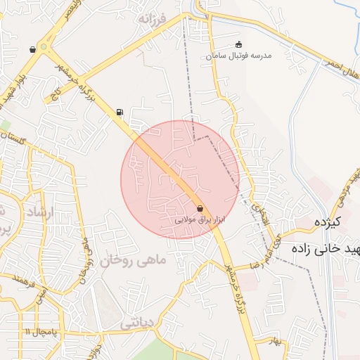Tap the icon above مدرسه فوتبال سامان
(239, 44)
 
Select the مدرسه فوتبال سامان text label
(239, 55)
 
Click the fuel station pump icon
(120, 111)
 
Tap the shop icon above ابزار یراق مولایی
(201, 209)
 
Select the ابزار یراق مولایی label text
(200, 220)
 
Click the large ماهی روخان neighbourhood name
(134, 260)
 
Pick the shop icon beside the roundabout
(32, 49)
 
